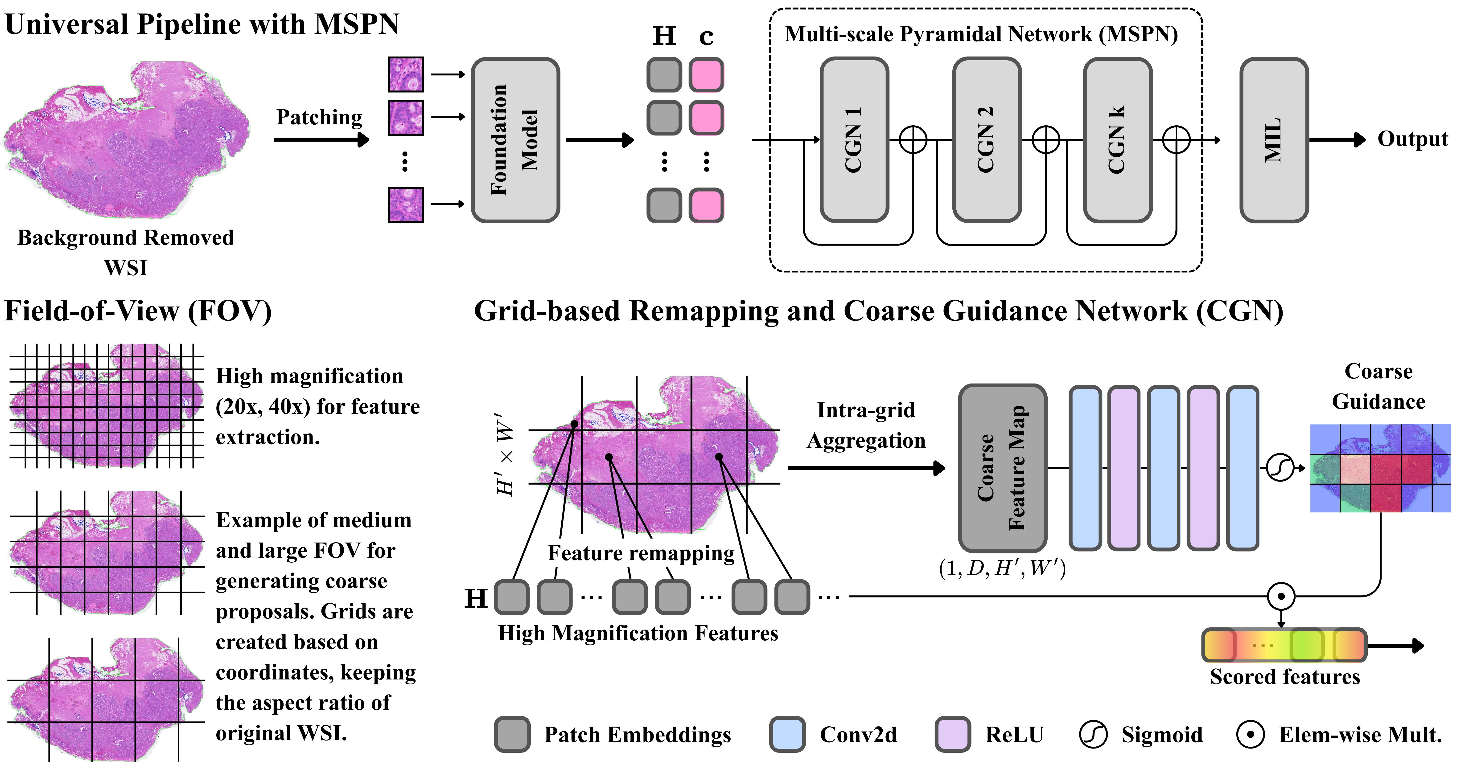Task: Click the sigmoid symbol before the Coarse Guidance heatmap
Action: point(1280,468)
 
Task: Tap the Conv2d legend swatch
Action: point(787,734)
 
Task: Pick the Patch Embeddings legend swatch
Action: point(512,734)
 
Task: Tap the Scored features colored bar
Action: point(1284,645)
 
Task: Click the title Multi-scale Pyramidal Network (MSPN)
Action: point(981,34)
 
